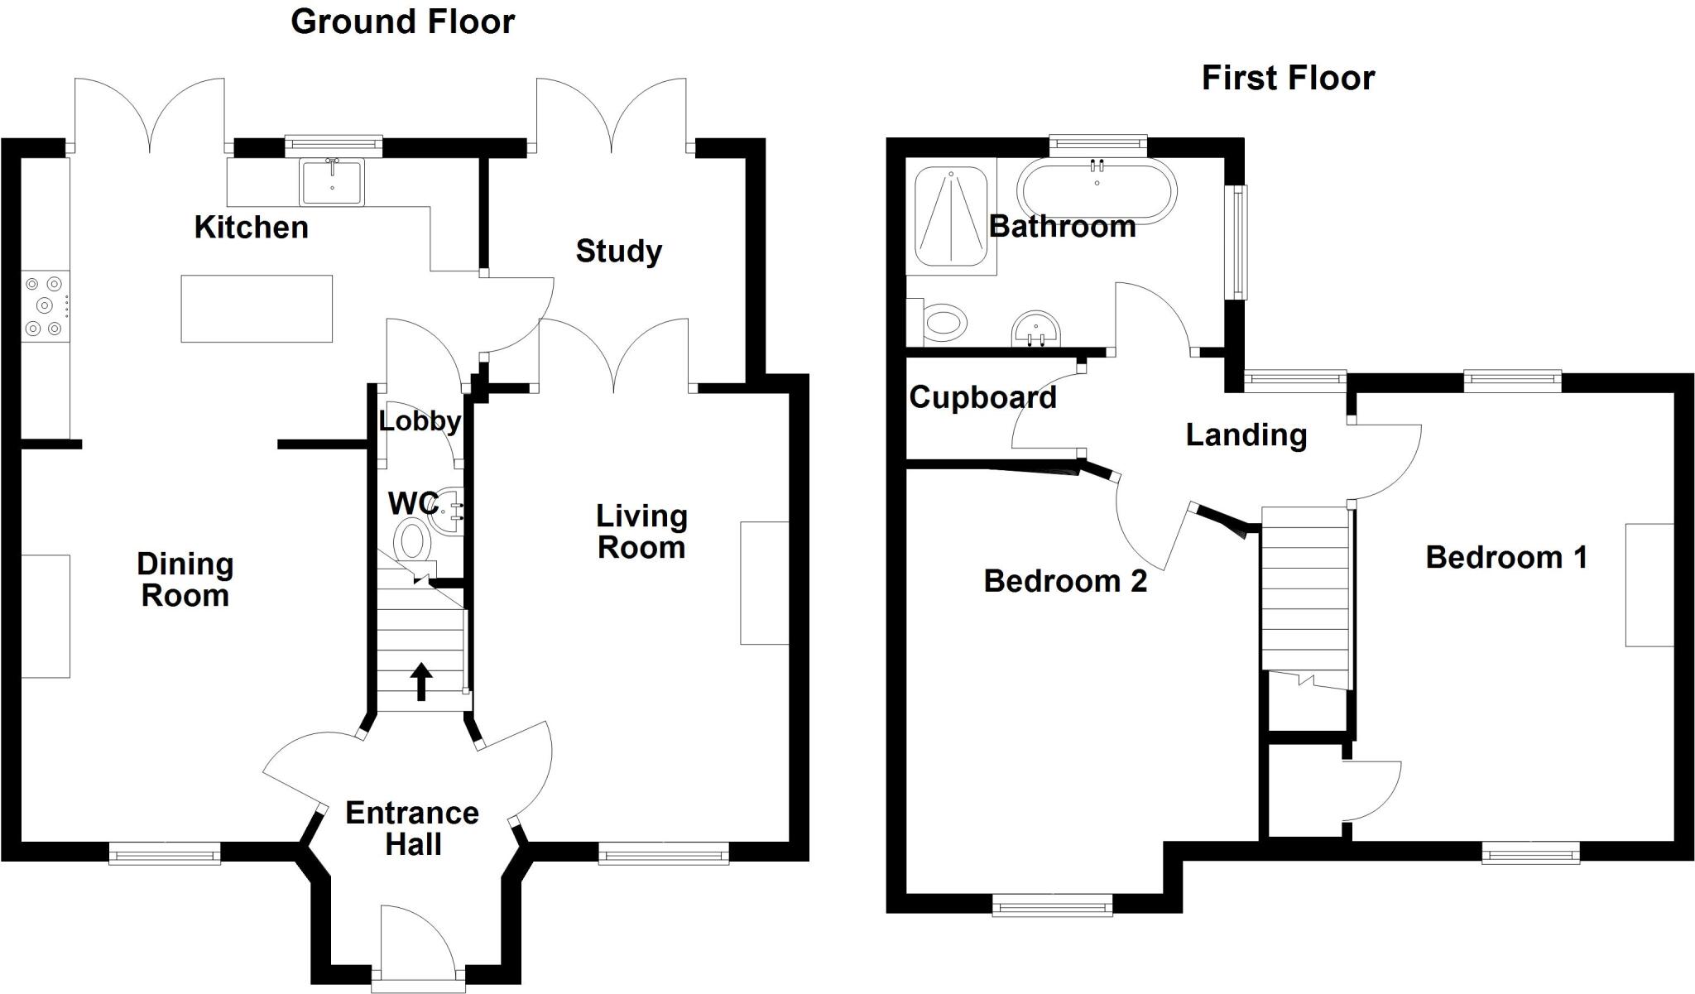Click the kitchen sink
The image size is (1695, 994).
332,182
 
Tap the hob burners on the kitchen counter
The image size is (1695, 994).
45,305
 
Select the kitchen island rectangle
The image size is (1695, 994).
257,309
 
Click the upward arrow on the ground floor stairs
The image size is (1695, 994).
421,680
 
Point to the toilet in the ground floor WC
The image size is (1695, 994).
412,541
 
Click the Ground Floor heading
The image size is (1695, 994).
402,22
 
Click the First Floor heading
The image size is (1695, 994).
1287,79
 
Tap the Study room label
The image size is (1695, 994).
618,251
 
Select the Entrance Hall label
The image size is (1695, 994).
412,828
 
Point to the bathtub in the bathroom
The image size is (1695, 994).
1097,190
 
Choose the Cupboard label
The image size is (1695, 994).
982,398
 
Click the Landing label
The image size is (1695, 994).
1246,435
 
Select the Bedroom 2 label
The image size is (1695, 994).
1065,581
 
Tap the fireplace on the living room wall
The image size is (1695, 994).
765,583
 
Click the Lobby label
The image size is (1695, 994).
420,421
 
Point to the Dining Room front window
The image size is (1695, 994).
165,853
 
